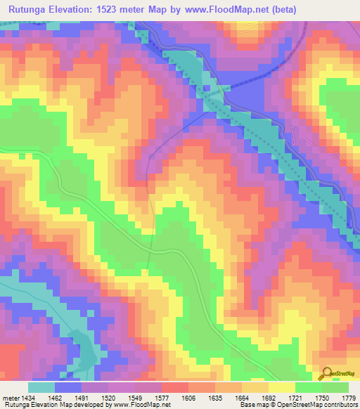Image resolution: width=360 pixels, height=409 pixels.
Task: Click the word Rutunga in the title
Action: [x=33, y=9]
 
